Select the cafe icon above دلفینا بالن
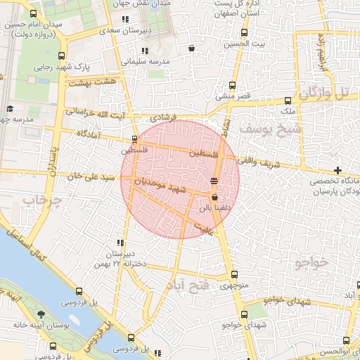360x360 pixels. pos(214,181)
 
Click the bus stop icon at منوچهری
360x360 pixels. pos(234,275)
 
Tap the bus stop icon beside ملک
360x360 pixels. pos(288,101)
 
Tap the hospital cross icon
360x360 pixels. pos(338,170)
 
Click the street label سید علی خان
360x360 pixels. pos(90,176)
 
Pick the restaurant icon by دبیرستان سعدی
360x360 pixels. pos(125,20)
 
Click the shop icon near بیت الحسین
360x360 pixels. pos(192,49)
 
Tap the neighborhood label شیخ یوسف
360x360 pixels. pos(269,129)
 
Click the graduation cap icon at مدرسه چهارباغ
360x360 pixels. pos(10,108)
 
